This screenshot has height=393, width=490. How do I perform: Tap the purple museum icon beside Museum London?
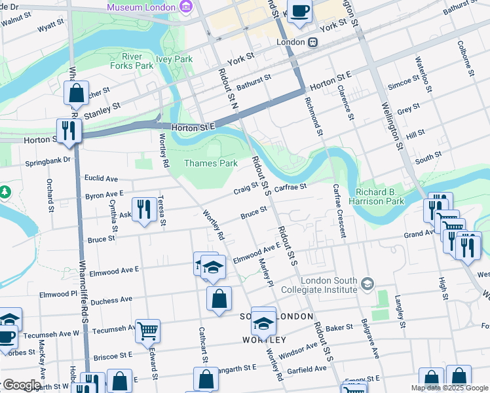[186, 7]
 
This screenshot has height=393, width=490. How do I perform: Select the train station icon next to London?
[314, 42]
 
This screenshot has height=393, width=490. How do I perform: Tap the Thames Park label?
[210, 163]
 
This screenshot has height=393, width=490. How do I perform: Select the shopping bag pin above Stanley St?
[77, 94]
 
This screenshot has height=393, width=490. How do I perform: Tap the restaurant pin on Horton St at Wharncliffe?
[69, 130]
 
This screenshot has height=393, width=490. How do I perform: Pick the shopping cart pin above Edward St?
[147, 331]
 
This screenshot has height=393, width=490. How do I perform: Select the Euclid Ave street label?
[101, 178]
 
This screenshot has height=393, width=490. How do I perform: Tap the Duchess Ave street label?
[111, 301]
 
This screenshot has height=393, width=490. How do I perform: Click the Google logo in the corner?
[22, 385]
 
